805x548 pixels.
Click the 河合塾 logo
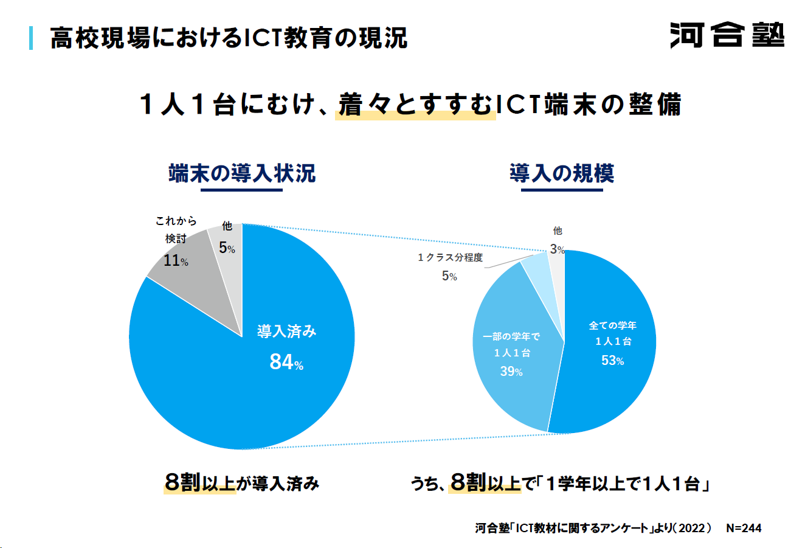click(727, 35)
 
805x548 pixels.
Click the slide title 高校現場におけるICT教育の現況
click(229, 38)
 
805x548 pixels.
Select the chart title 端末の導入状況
click(242, 173)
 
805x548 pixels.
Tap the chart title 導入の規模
click(562, 173)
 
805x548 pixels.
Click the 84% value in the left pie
click(286, 362)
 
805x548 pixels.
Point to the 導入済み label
click(286, 331)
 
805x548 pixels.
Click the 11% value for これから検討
click(176, 261)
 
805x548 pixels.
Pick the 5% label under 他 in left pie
click(227, 248)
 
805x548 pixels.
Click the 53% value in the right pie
click(612, 361)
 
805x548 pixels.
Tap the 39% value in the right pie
click(511, 372)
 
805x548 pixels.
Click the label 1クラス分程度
click(450, 258)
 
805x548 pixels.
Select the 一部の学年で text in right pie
click(511, 336)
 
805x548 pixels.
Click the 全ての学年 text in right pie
click(612, 325)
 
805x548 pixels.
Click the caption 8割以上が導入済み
click(241, 484)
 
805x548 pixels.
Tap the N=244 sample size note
click(744, 528)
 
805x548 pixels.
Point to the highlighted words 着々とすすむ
click(415, 105)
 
